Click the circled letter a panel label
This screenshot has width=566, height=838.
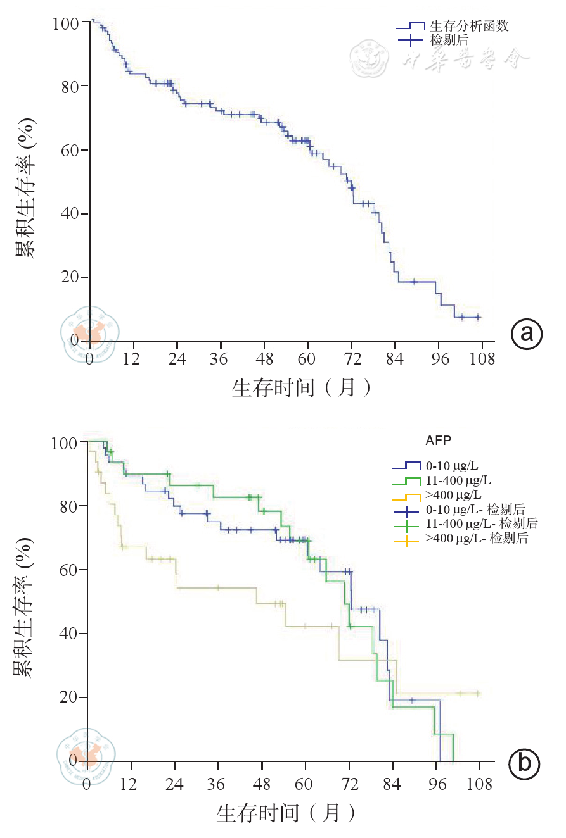tap(527, 333)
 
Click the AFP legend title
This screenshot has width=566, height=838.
tap(439, 439)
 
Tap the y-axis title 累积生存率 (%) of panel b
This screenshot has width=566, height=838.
tap(24, 599)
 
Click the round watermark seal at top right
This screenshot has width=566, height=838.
tap(371, 58)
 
